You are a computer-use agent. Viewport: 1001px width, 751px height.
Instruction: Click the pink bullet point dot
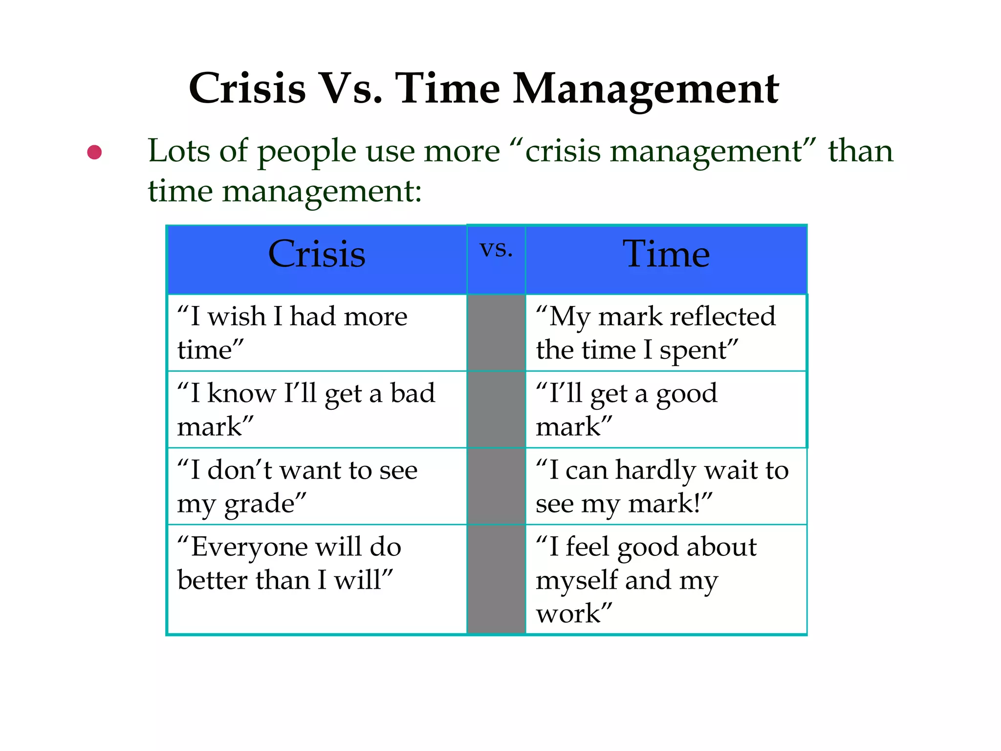(94, 152)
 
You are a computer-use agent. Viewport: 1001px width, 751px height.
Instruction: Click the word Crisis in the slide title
(247, 88)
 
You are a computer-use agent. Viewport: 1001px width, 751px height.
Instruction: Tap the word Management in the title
(646, 89)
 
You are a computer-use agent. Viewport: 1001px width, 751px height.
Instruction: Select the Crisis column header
(317, 259)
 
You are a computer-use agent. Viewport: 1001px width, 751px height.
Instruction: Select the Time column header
(666, 259)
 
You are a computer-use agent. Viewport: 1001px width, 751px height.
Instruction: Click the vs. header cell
(496, 259)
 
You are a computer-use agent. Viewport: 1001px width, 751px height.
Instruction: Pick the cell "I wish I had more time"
(317, 332)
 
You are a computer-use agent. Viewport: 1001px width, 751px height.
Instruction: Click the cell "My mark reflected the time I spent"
(666, 332)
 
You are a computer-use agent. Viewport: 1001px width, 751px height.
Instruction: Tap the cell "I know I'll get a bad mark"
(317, 409)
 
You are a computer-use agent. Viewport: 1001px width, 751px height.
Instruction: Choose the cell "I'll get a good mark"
(666, 409)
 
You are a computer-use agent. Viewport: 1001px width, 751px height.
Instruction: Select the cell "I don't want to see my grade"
(317, 486)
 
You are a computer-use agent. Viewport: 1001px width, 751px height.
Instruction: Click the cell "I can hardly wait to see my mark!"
(666, 486)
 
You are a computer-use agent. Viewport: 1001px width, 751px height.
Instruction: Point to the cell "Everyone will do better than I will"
(317, 579)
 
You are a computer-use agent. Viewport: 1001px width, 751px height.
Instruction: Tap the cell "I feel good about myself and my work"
(666, 579)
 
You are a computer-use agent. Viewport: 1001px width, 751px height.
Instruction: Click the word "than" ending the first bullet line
(860, 151)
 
